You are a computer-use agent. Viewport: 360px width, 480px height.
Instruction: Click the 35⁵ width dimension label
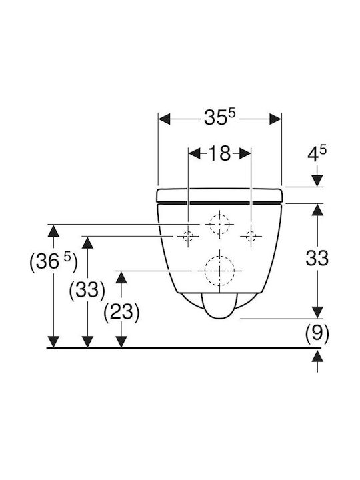[219, 117]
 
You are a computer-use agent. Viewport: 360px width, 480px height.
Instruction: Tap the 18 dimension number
[219, 153]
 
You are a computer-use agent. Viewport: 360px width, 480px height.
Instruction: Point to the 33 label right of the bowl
[317, 258]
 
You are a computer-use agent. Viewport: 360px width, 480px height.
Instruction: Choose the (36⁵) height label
[53, 262]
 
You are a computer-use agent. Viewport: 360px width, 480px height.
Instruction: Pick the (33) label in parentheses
[87, 289]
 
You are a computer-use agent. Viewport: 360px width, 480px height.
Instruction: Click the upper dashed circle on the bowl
[219, 224]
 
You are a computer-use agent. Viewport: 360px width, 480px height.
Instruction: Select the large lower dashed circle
[219, 271]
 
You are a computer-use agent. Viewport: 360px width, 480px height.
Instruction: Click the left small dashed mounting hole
[188, 236]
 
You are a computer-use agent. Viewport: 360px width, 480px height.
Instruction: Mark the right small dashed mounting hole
[251, 236]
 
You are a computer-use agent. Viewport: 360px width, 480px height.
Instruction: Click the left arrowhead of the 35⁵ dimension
[164, 119]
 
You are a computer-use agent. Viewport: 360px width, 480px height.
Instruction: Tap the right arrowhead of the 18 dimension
[245, 153]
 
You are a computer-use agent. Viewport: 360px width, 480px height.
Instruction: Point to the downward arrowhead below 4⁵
[317, 180]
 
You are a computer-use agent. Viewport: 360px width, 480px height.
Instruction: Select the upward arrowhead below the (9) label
[317, 356]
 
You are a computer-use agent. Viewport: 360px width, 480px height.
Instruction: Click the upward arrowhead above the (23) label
[121, 277]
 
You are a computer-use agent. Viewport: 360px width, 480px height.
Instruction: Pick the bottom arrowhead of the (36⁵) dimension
[53, 341]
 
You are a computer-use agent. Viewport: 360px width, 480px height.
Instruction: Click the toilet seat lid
[219, 195]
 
